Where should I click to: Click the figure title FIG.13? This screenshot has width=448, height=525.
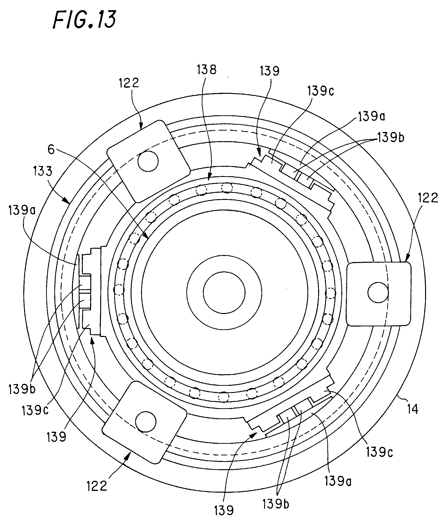tap(84, 20)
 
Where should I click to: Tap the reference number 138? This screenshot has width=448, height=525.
tap(207, 69)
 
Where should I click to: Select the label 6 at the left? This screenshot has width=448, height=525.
tap(51, 150)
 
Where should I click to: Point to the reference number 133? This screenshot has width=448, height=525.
tap(42, 171)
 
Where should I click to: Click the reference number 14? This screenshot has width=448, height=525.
tap(413, 409)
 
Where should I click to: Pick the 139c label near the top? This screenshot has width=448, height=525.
tap(321, 91)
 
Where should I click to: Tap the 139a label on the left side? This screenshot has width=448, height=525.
tap(22, 210)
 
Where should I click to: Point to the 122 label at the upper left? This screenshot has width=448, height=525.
tap(129, 83)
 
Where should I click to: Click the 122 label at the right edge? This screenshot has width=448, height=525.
tap(428, 198)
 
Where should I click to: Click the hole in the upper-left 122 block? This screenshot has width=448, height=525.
tap(148, 161)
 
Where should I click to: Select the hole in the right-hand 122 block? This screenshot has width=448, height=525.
tap(378, 293)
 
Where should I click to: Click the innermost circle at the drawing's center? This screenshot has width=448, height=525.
tap(224, 293)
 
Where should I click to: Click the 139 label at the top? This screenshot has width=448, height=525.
tap(270, 71)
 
